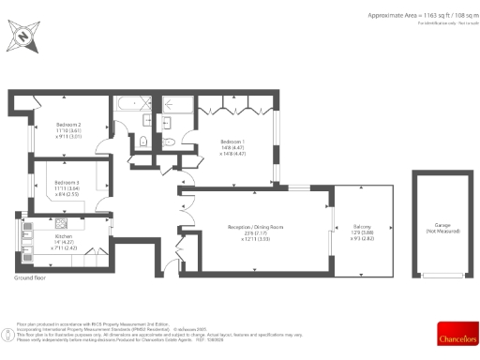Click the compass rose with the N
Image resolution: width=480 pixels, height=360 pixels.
23,38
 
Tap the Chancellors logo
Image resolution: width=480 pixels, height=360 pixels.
457,332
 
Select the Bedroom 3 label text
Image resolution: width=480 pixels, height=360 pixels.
66,182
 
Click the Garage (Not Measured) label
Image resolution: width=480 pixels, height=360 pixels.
442,226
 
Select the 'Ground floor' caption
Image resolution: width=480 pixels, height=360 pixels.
30,278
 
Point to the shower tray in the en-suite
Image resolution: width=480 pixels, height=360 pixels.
174,104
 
